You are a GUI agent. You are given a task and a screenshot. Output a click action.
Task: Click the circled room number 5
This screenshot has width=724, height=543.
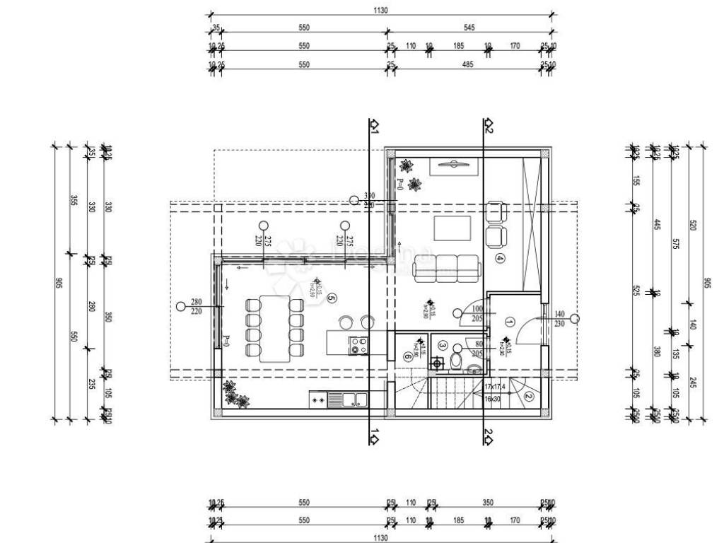click(332, 298)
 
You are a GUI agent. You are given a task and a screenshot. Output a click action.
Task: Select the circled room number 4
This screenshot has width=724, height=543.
click(501, 258)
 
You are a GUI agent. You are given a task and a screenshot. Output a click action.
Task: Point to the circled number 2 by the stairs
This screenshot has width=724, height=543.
click(529, 397)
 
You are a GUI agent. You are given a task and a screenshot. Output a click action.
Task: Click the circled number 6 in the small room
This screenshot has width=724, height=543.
click(408, 356)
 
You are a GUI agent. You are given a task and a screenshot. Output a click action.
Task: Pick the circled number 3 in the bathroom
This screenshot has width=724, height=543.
click(443, 346)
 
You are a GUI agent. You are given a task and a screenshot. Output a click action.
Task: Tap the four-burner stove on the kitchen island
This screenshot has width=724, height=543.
click(358, 346)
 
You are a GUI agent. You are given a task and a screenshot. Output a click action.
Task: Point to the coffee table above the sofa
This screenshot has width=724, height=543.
click(452, 228)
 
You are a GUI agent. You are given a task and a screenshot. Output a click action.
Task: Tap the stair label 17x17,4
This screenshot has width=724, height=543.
click(500, 387)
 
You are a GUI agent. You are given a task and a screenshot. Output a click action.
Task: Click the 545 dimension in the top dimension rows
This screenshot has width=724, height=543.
click(469, 28)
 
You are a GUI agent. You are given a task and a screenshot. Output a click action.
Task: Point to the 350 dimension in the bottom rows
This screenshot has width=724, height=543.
click(488, 503)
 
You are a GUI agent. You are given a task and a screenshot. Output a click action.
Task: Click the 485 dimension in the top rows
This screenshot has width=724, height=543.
click(467, 64)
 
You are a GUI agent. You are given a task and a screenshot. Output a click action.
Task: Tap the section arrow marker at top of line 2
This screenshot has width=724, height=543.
click(489, 126)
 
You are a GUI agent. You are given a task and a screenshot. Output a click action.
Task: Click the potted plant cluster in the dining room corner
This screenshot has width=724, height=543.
click(234, 395)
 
